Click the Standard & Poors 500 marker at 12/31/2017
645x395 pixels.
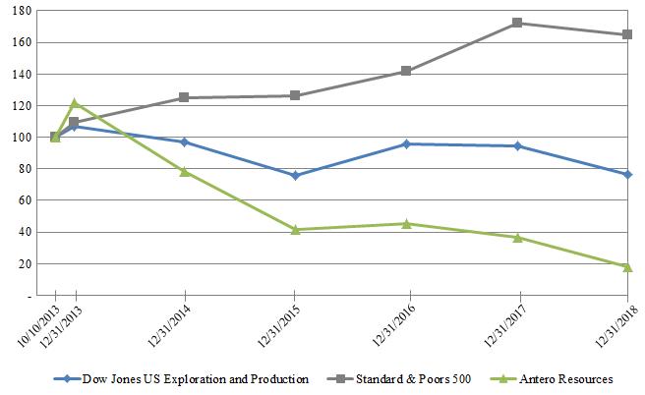(517, 23)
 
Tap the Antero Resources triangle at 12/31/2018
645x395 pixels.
(627, 267)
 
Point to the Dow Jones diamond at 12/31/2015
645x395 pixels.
(295, 176)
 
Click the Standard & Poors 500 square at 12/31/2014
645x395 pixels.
(184, 97)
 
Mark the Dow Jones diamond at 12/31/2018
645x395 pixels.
(627, 174)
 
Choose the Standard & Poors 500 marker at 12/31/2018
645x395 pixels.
(627, 34)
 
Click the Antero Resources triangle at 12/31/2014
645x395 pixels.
(184, 171)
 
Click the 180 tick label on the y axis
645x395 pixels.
(22, 11)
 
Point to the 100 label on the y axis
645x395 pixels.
(22, 138)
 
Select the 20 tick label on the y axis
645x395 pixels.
(26, 264)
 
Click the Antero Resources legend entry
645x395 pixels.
(567, 378)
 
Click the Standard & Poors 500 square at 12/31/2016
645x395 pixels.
(406, 71)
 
